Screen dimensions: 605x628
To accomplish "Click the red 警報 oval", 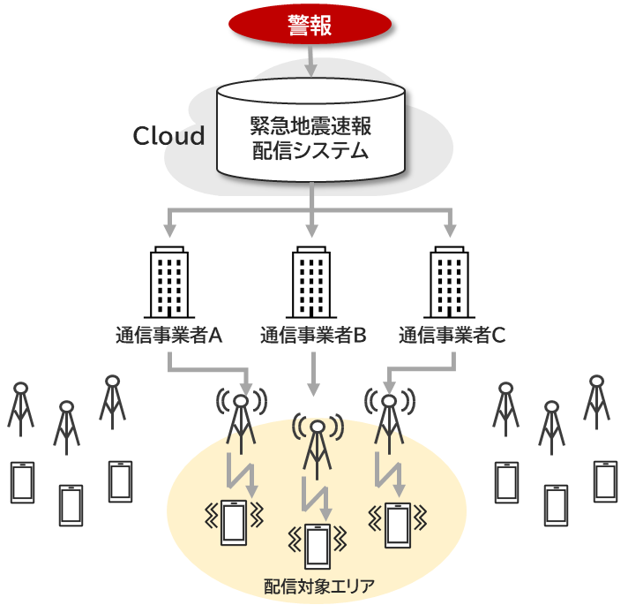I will (x=310, y=26).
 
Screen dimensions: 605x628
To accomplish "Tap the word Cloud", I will (x=168, y=136).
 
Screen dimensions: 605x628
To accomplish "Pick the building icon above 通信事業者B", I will (x=312, y=283).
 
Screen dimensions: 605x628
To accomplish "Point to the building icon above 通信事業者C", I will (x=450, y=283).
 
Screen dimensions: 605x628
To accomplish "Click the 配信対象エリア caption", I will (x=318, y=586).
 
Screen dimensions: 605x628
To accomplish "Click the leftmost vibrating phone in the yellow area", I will (x=234, y=522).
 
